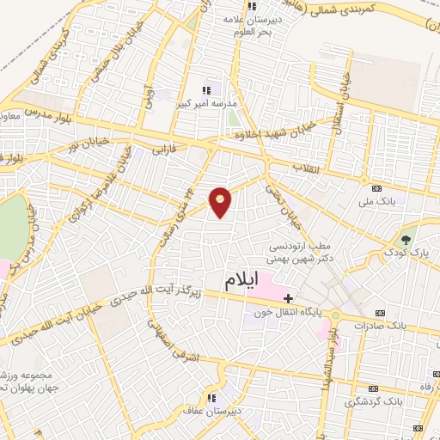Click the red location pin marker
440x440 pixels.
click(x=221, y=202)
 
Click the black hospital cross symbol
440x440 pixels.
click(x=288, y=297)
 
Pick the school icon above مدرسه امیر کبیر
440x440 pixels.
click(x=205, y=90)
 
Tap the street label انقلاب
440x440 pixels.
click(x=306, y=166)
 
